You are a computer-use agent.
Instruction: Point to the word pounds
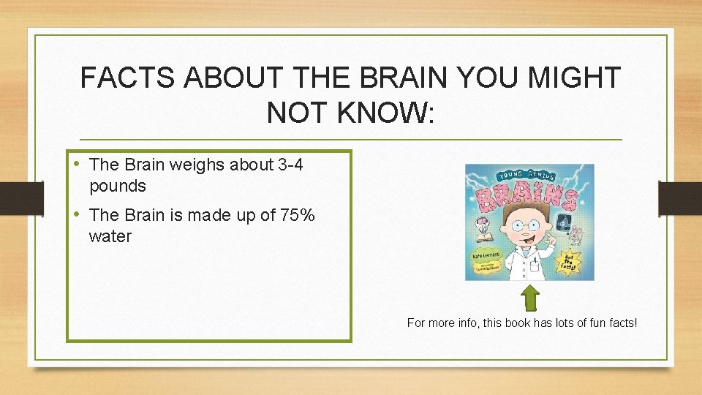click(x=118, y=187)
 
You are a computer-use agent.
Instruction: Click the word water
click(x=110, y=237)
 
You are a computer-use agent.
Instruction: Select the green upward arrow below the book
click(x=531, y=298)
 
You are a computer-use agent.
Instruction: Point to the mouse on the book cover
click(x=575, y=236)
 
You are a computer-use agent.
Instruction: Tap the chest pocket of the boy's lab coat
click(x=536, y=261)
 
